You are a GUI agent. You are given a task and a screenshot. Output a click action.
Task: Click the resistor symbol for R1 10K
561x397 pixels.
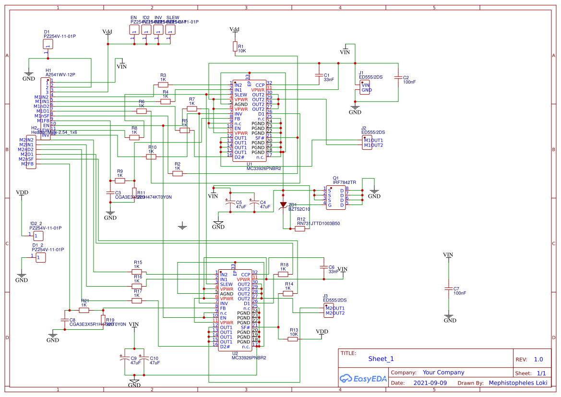(235, 46)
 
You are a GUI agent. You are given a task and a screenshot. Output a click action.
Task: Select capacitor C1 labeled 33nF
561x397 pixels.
(318, 75)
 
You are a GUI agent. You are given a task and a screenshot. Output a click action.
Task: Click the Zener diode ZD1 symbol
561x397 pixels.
(283, 205)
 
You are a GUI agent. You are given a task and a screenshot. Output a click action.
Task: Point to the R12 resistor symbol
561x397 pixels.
(300, 229)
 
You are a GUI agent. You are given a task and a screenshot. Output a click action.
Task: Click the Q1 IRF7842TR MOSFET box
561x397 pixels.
(335, 197)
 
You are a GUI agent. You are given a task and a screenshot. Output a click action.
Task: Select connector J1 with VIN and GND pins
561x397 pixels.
(365, 87)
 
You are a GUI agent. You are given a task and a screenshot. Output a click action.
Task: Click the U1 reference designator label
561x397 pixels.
(249, 164)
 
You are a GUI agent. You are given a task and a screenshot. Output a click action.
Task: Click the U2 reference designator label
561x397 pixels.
(235, 353)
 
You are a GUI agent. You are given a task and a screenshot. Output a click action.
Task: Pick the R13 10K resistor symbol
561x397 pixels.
(293, 339)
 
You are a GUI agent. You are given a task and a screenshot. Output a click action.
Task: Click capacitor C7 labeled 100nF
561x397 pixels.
(449, 289)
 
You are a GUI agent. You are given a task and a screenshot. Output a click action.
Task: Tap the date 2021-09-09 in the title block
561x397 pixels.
(430, 383)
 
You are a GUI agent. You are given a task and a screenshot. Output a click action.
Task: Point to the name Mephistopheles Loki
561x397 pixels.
(518, 383)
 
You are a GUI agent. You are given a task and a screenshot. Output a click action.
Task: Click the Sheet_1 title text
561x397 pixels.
(381, 359)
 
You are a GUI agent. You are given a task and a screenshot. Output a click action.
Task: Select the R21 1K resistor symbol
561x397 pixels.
(84, 310)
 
